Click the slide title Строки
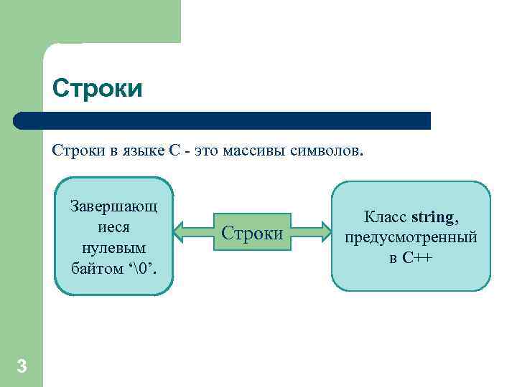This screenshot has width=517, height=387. point(98,90)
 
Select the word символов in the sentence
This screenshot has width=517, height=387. point(327,151)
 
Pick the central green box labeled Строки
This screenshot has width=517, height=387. point(252,233)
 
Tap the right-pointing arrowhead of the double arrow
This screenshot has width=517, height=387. point(324,233)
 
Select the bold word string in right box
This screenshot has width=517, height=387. point(432,216)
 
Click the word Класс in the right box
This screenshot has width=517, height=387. point(386,216)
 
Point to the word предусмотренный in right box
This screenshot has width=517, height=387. point(411,237)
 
